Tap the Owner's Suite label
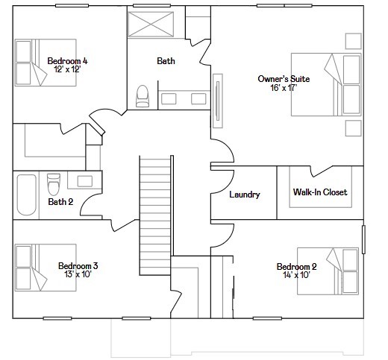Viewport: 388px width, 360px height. pos(284,78)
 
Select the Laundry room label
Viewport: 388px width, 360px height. pos(244,195)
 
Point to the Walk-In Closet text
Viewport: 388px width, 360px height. pos(319,192)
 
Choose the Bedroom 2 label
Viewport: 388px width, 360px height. pos(296,267)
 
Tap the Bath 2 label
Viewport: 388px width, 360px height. pos(60,201)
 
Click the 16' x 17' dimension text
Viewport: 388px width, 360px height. pos(284,87)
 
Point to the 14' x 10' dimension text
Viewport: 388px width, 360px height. pos(296,275)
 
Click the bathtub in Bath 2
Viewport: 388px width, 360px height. pos(26,195)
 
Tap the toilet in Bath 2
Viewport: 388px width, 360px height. pos(53,183)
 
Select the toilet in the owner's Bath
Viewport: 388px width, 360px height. pos(143,95)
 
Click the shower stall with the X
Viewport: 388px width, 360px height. pos(151,25)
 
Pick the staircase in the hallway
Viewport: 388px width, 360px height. pos(155,205)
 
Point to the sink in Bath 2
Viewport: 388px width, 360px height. pos(84,180)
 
